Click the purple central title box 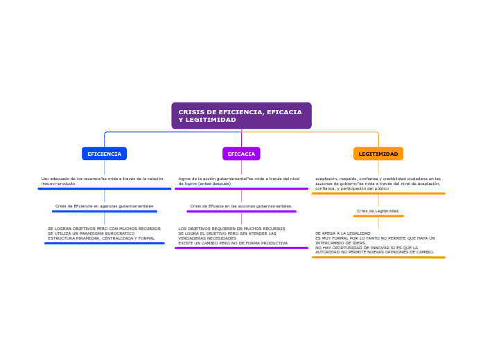click(x=241, y=116)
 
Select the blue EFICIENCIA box click(x=104, y=154)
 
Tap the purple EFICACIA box click(x=241, y=154)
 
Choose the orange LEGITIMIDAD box click(x=378, y=154)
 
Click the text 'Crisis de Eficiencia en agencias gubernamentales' click(x=104, y=206)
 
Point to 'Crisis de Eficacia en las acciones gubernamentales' click(x=241, y=206)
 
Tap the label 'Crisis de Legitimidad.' click(x=378, y=210)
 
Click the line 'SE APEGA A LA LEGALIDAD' click(x=343, y=233)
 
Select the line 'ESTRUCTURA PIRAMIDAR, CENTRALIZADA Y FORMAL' click(x=101, y=238)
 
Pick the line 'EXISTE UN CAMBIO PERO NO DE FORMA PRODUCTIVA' click(x=233, y=243)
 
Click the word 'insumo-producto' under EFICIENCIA click(x=58, y=183)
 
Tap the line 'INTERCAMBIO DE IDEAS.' click(x=341, y=243)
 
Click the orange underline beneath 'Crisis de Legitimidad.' click(x=378, y=216)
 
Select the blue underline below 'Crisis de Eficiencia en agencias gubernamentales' click(x=104, y=211)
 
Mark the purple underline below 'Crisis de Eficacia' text click(x=241, y=211)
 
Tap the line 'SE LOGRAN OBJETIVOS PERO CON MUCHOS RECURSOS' click(x=104, y=228)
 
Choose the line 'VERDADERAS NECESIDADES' click(x=207, y=238)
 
